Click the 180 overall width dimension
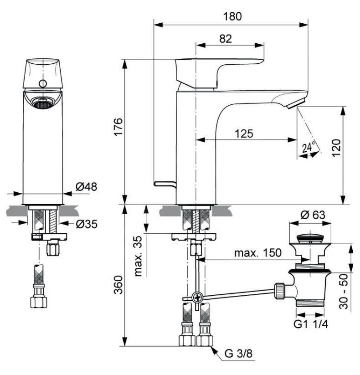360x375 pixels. tap(232, 15)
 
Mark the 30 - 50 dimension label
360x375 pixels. tap(345, 291)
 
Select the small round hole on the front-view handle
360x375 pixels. tap(43, 83)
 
